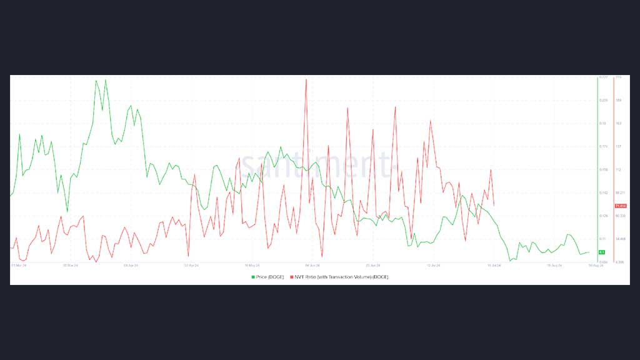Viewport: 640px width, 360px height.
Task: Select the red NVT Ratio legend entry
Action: point(338,276)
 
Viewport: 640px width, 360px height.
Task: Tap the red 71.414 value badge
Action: point(621,206)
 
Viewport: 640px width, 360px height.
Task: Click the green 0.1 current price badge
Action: point(601,252)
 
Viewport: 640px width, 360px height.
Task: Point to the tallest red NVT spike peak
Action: point(306,79)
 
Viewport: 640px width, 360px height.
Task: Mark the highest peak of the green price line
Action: point(105,79)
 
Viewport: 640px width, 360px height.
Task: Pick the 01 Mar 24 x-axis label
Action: point(19,265)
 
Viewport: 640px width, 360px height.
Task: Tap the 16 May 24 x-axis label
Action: point(252,265)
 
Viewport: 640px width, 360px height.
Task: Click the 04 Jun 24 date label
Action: point(312,265)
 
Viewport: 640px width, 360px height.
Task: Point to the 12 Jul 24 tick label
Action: point(433,265)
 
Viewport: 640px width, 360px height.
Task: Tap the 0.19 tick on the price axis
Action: point(603,123)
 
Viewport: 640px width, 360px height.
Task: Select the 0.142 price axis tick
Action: point(604,192)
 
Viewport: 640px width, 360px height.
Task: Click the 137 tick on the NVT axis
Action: point(618,146)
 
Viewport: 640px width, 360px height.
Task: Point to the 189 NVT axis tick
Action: point(618,100)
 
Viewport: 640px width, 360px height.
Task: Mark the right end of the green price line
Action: point(589,252)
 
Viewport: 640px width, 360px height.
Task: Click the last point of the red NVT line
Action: point(494,206)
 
